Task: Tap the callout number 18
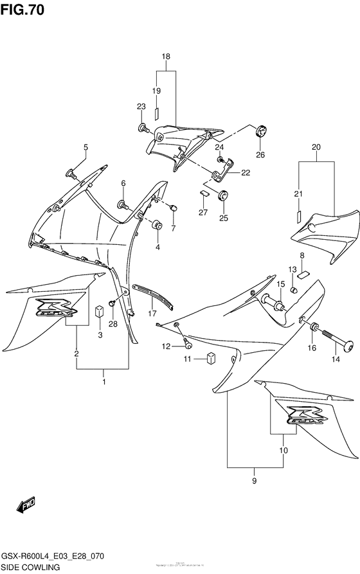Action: tap(166, 57)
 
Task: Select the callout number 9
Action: tap(254, 481)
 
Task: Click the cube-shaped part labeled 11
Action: tap(210, 358)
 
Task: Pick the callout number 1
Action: tap(104, 382)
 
